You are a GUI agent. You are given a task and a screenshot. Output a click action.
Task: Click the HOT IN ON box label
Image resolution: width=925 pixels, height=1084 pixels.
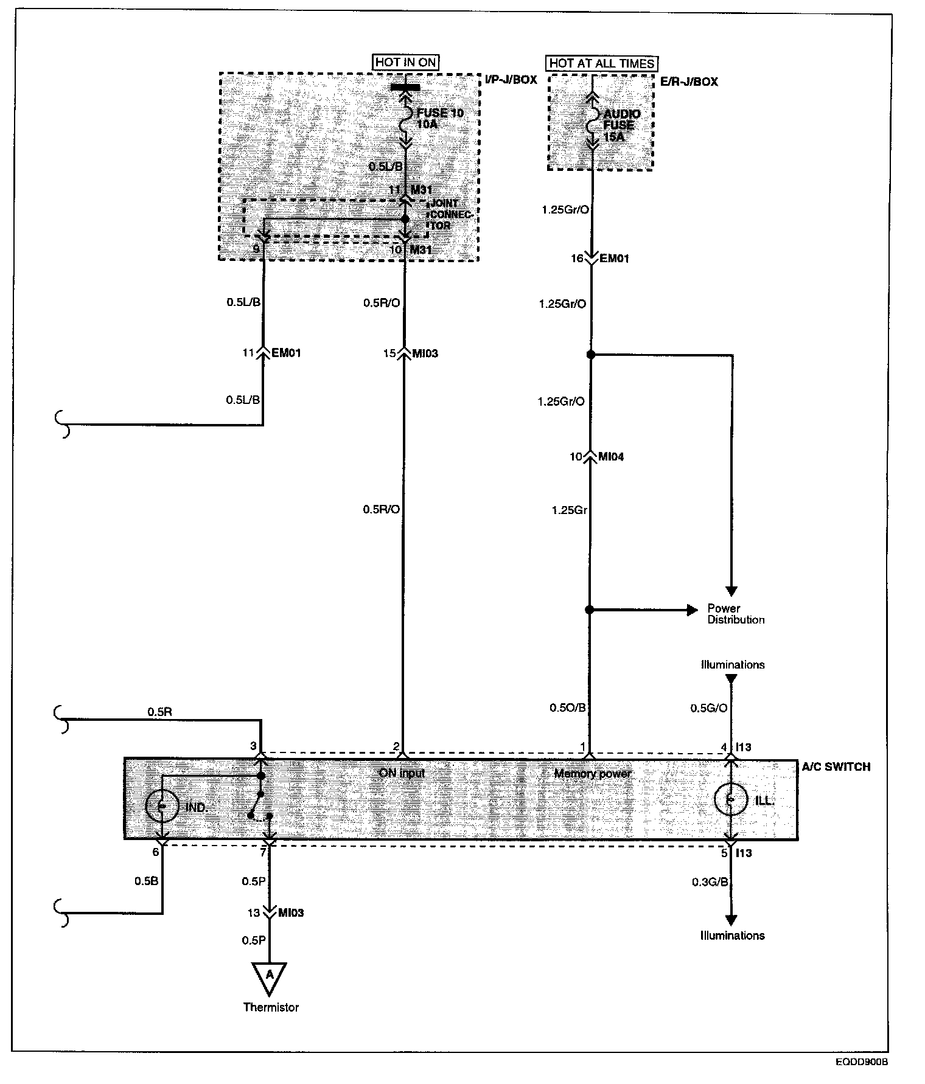(406, 62)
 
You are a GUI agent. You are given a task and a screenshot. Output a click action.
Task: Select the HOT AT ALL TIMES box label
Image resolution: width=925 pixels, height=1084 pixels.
(601, 63)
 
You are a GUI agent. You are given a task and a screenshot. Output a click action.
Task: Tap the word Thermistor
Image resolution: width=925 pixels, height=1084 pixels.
(271, 1007)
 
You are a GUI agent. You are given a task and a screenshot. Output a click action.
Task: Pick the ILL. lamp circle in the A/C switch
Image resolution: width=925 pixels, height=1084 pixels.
(730, 801)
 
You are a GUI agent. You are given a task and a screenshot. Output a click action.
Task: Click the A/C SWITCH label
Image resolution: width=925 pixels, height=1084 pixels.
(836, 766)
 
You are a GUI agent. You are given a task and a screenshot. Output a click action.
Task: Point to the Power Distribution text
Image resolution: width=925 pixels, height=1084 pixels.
(735, 614)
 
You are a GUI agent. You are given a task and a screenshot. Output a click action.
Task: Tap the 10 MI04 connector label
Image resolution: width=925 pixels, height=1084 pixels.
(598, 457)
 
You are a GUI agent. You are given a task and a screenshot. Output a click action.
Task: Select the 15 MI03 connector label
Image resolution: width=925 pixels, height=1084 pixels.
(412, 353)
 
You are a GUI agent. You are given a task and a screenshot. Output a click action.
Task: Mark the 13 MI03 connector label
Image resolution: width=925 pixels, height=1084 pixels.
(279, 912)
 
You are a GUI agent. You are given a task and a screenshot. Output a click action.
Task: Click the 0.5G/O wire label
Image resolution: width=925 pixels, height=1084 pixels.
(708, 708)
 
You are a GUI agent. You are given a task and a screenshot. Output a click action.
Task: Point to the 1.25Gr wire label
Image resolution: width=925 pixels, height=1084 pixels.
(569, 510)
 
